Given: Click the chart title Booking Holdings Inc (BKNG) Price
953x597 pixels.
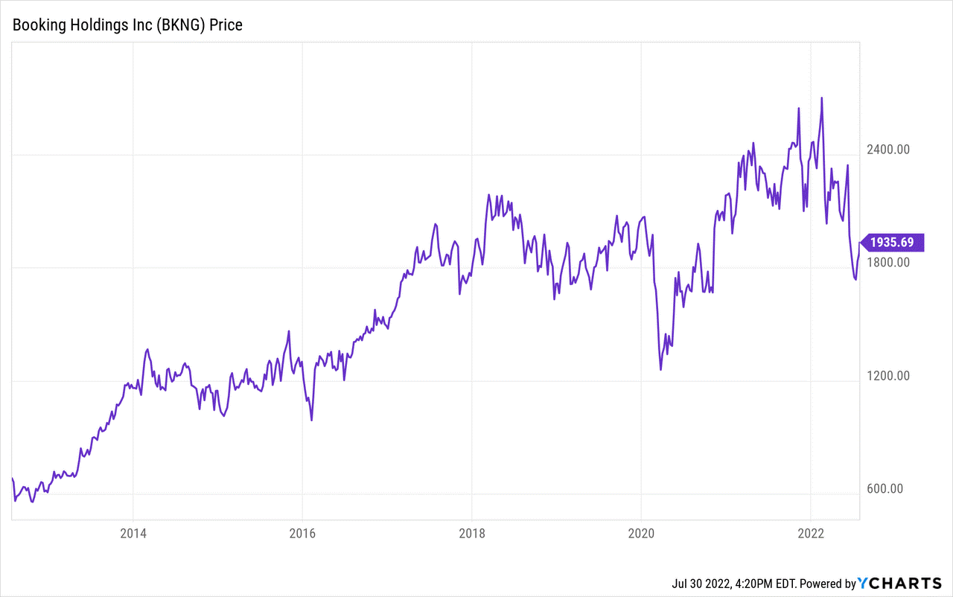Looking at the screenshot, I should click(127, 25).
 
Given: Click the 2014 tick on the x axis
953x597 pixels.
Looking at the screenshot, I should click(133, 533).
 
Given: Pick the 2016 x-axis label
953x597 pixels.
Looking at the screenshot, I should click(302, 533).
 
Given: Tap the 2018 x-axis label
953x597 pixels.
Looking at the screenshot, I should click(471, 533).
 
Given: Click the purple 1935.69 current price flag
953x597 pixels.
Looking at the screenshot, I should click(893, 243).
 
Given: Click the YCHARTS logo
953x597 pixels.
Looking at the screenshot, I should click(901, 584).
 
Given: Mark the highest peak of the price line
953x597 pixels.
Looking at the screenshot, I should click(821, 98).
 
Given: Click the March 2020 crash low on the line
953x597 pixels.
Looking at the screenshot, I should click(660, 369).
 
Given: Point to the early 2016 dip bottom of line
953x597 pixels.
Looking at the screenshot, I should click(311, 421).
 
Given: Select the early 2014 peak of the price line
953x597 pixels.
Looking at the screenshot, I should click(147, 349).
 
